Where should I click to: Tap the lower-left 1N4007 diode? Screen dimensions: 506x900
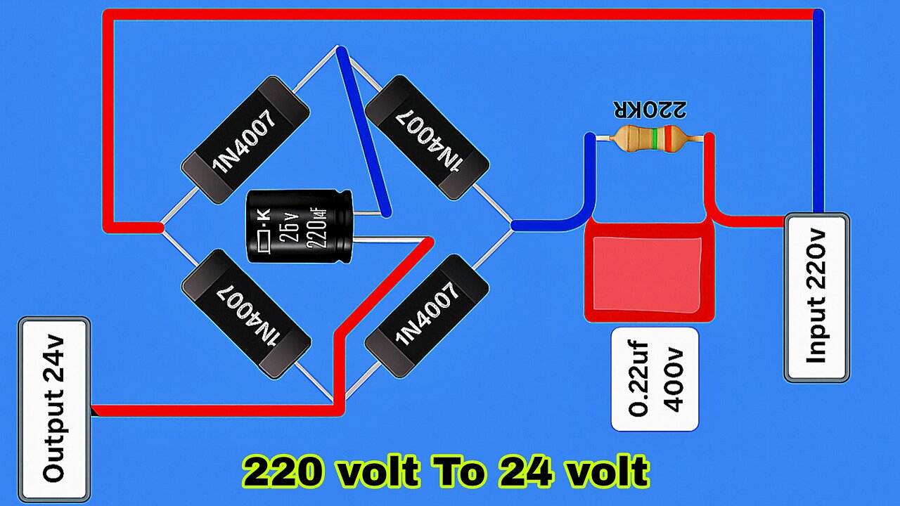point(245,314)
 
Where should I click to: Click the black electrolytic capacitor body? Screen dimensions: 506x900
point(298,228)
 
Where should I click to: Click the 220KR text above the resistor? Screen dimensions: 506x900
point(650,110)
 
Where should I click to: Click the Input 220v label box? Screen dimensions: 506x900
point(816,298)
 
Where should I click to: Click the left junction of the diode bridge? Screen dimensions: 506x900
point(160,227)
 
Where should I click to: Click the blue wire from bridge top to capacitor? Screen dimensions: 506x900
point(363,134)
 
